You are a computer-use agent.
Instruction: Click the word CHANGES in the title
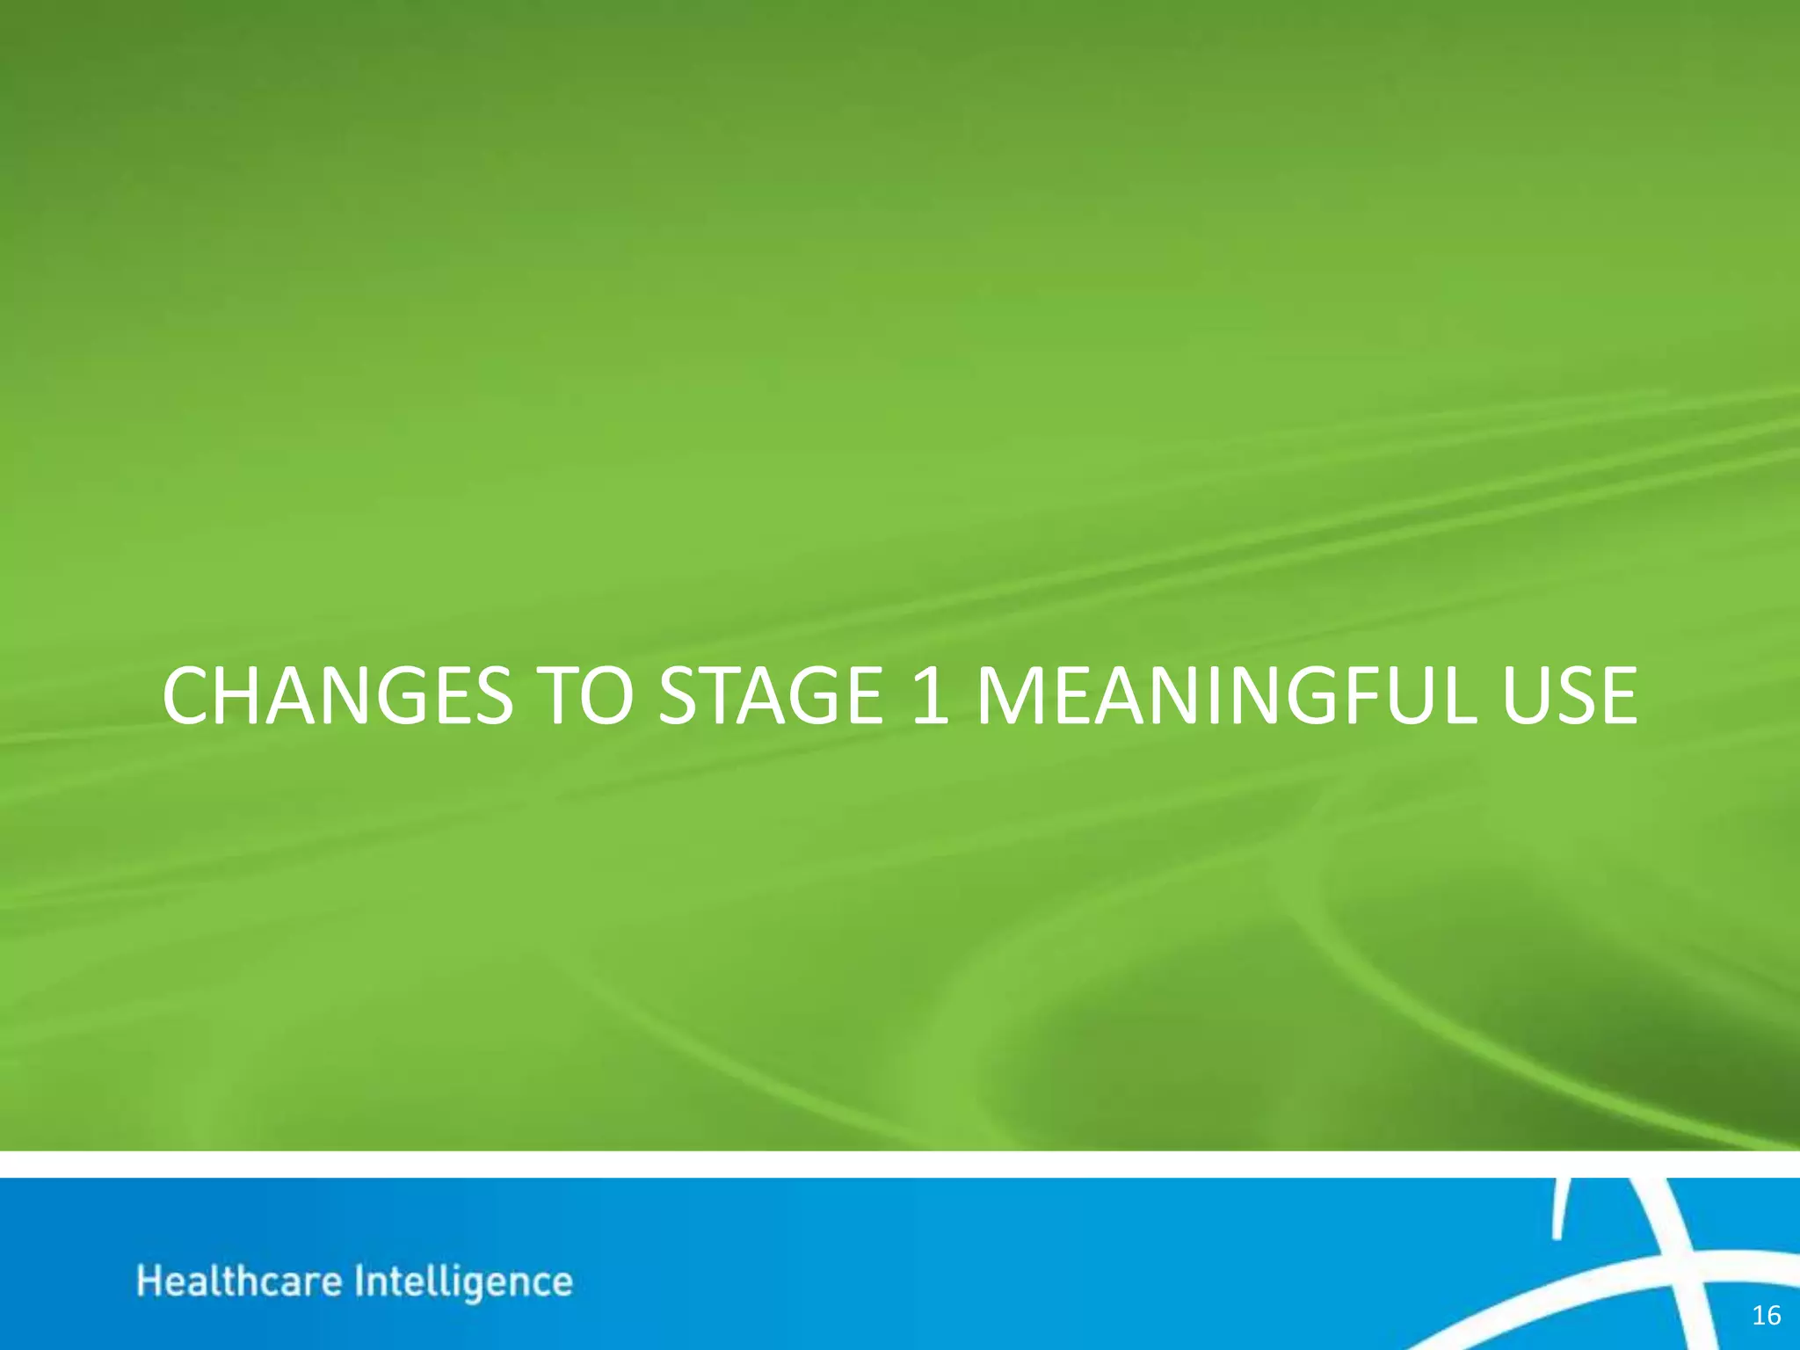click(x=337, y=696)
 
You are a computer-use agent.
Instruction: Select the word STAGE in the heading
click(x=770, y=696)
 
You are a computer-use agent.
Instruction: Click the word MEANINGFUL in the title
click(x=1223, y=696)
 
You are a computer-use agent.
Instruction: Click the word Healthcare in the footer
click(x=239, y=1281)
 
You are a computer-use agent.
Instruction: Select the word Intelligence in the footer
click(x=463, y=1282)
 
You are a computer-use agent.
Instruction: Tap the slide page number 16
click(x=1766, y=1315)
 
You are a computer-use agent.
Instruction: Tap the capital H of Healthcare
click(x=149, y=1281)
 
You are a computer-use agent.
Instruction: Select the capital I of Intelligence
click(x=359, y=1281)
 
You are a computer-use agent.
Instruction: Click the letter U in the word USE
click(x=1528, y=696)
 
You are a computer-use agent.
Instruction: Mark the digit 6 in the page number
click(x=1773, y=1315)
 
